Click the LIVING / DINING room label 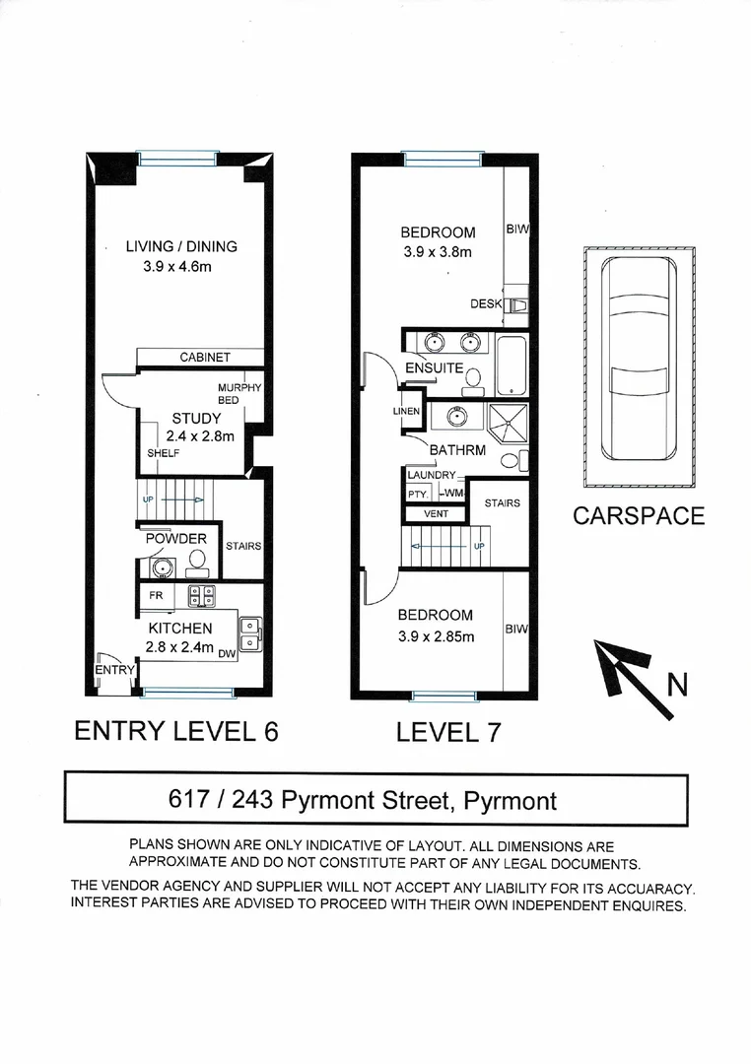click(181, 246)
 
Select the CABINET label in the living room click(204, 358)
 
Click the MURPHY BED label click(239, 394)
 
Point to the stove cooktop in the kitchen click(202, 595)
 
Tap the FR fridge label click(156, 596)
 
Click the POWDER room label click(176, 539)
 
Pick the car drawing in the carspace click(640, 365)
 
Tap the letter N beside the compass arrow click(678, 684)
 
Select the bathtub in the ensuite click(511, 366)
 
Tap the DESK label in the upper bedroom click(487, 304)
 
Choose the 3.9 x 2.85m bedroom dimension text click(437, 636)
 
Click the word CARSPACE click(640, 515)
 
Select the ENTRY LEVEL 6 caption click(177, 732)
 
